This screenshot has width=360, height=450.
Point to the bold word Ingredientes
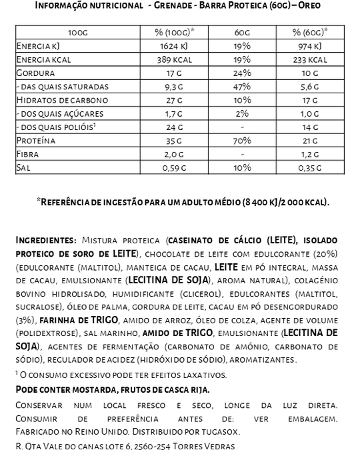44,239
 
